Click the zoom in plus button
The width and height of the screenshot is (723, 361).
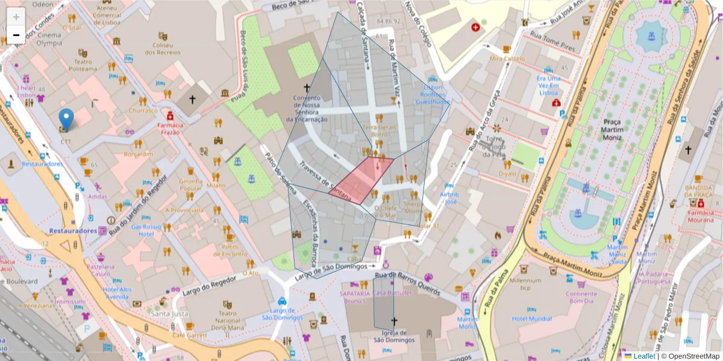[x=16, y=16]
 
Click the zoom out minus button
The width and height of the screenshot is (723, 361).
[x=16, y=35]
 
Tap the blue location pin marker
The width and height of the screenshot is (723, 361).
[x=67, y=119]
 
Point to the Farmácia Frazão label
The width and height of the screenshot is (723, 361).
[x=169, y=128]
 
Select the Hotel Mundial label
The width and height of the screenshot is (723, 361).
[x=531, y=318]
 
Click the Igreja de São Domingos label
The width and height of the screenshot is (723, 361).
[x=394, y=336]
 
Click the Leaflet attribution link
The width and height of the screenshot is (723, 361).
[x=643, y=356]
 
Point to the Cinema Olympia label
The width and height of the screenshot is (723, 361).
[x=49, y=39]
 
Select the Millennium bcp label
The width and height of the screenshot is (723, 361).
[x=525, y=284]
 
